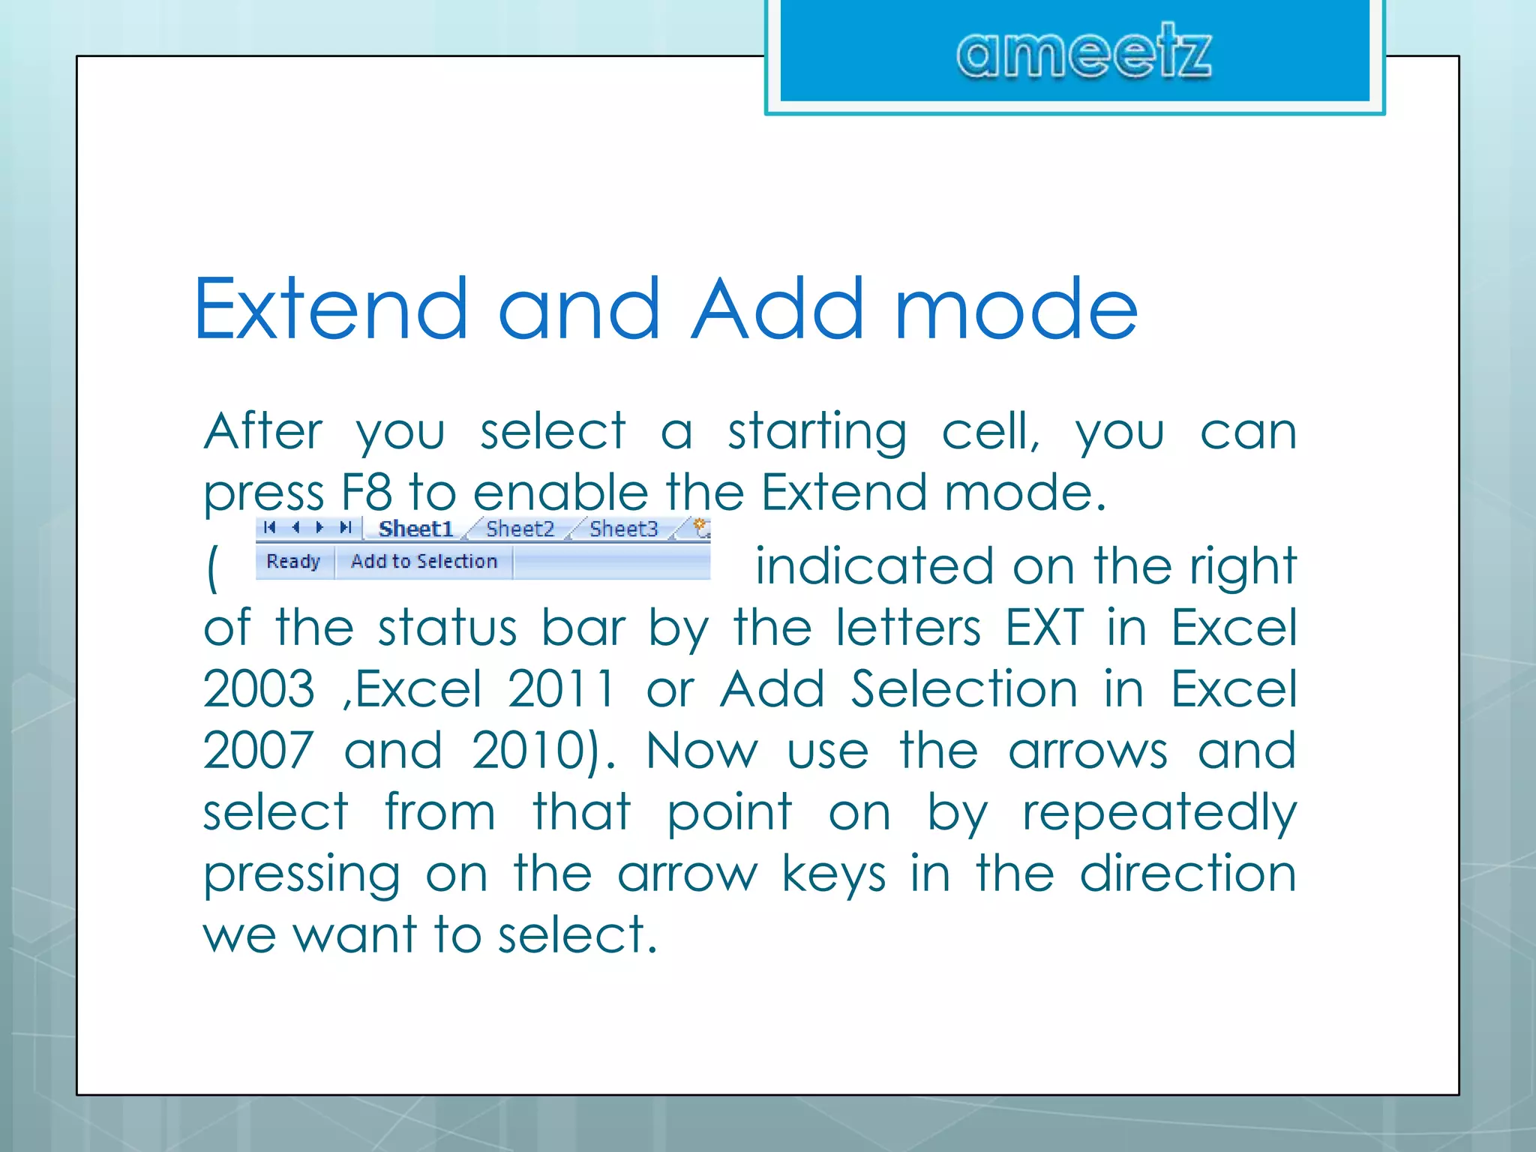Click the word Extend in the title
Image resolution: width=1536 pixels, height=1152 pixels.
coord(331,308)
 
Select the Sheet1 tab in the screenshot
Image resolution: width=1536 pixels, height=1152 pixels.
coord(416,529)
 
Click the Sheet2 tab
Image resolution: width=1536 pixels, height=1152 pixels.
coord(520,529)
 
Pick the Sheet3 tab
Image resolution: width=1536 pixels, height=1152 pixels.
coord(623,529)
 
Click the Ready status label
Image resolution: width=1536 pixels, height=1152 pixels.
coord(293,562)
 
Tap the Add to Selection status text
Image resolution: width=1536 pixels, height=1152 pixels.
coord(424,562)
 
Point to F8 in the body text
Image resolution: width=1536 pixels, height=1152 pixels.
coord(366,493)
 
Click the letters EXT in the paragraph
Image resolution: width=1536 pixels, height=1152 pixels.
coord(1044,627)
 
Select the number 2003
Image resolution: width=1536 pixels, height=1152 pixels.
coord(259,688)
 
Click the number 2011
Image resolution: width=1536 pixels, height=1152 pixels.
coord(562,688)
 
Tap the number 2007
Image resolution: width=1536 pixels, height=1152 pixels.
coord(259,750)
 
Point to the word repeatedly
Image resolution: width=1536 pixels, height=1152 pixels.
coord(1159,813)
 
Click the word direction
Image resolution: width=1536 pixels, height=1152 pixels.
coord(1188,874)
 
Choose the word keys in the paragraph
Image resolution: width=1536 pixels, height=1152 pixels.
coord(833,874)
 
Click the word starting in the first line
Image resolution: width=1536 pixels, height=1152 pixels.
coord(817,432)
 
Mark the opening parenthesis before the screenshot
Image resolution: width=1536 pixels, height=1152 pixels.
coord(212,568)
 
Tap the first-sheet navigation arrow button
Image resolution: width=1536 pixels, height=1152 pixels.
coord(270,527)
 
